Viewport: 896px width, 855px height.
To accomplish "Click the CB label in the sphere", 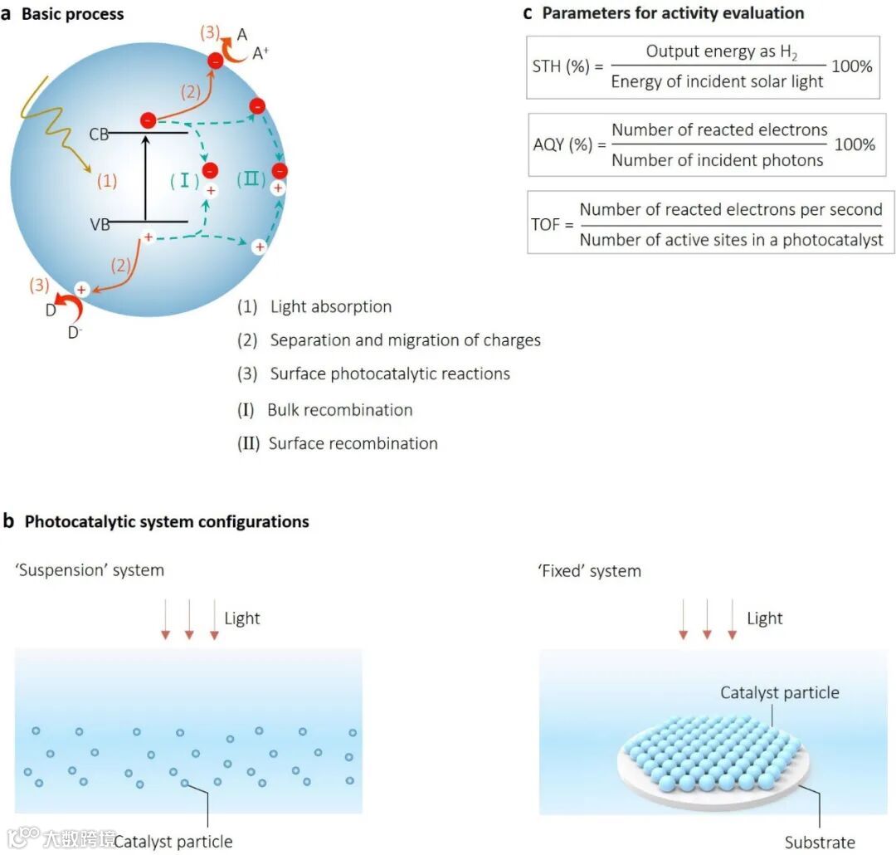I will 99,134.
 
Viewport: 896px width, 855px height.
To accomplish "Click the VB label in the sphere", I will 99,224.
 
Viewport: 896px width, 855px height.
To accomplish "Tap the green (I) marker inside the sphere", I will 183,180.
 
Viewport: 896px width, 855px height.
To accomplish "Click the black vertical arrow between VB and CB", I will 146,178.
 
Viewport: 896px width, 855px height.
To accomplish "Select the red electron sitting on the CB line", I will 148,120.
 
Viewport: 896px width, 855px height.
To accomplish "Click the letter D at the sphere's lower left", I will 50,310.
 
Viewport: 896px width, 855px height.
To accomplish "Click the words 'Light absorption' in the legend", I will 330,307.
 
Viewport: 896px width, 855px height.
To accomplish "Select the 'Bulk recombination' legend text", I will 339,410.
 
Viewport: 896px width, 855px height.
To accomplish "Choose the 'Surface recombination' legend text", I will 353,443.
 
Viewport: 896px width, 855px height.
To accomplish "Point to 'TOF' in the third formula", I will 546,224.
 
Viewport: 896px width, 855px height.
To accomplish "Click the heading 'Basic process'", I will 72,14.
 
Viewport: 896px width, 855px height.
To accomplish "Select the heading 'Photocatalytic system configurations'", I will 167,522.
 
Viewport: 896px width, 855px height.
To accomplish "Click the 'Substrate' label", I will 820,843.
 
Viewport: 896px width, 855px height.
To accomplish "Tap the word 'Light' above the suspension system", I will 242,618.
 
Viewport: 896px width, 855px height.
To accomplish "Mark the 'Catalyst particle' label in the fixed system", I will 780,692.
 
